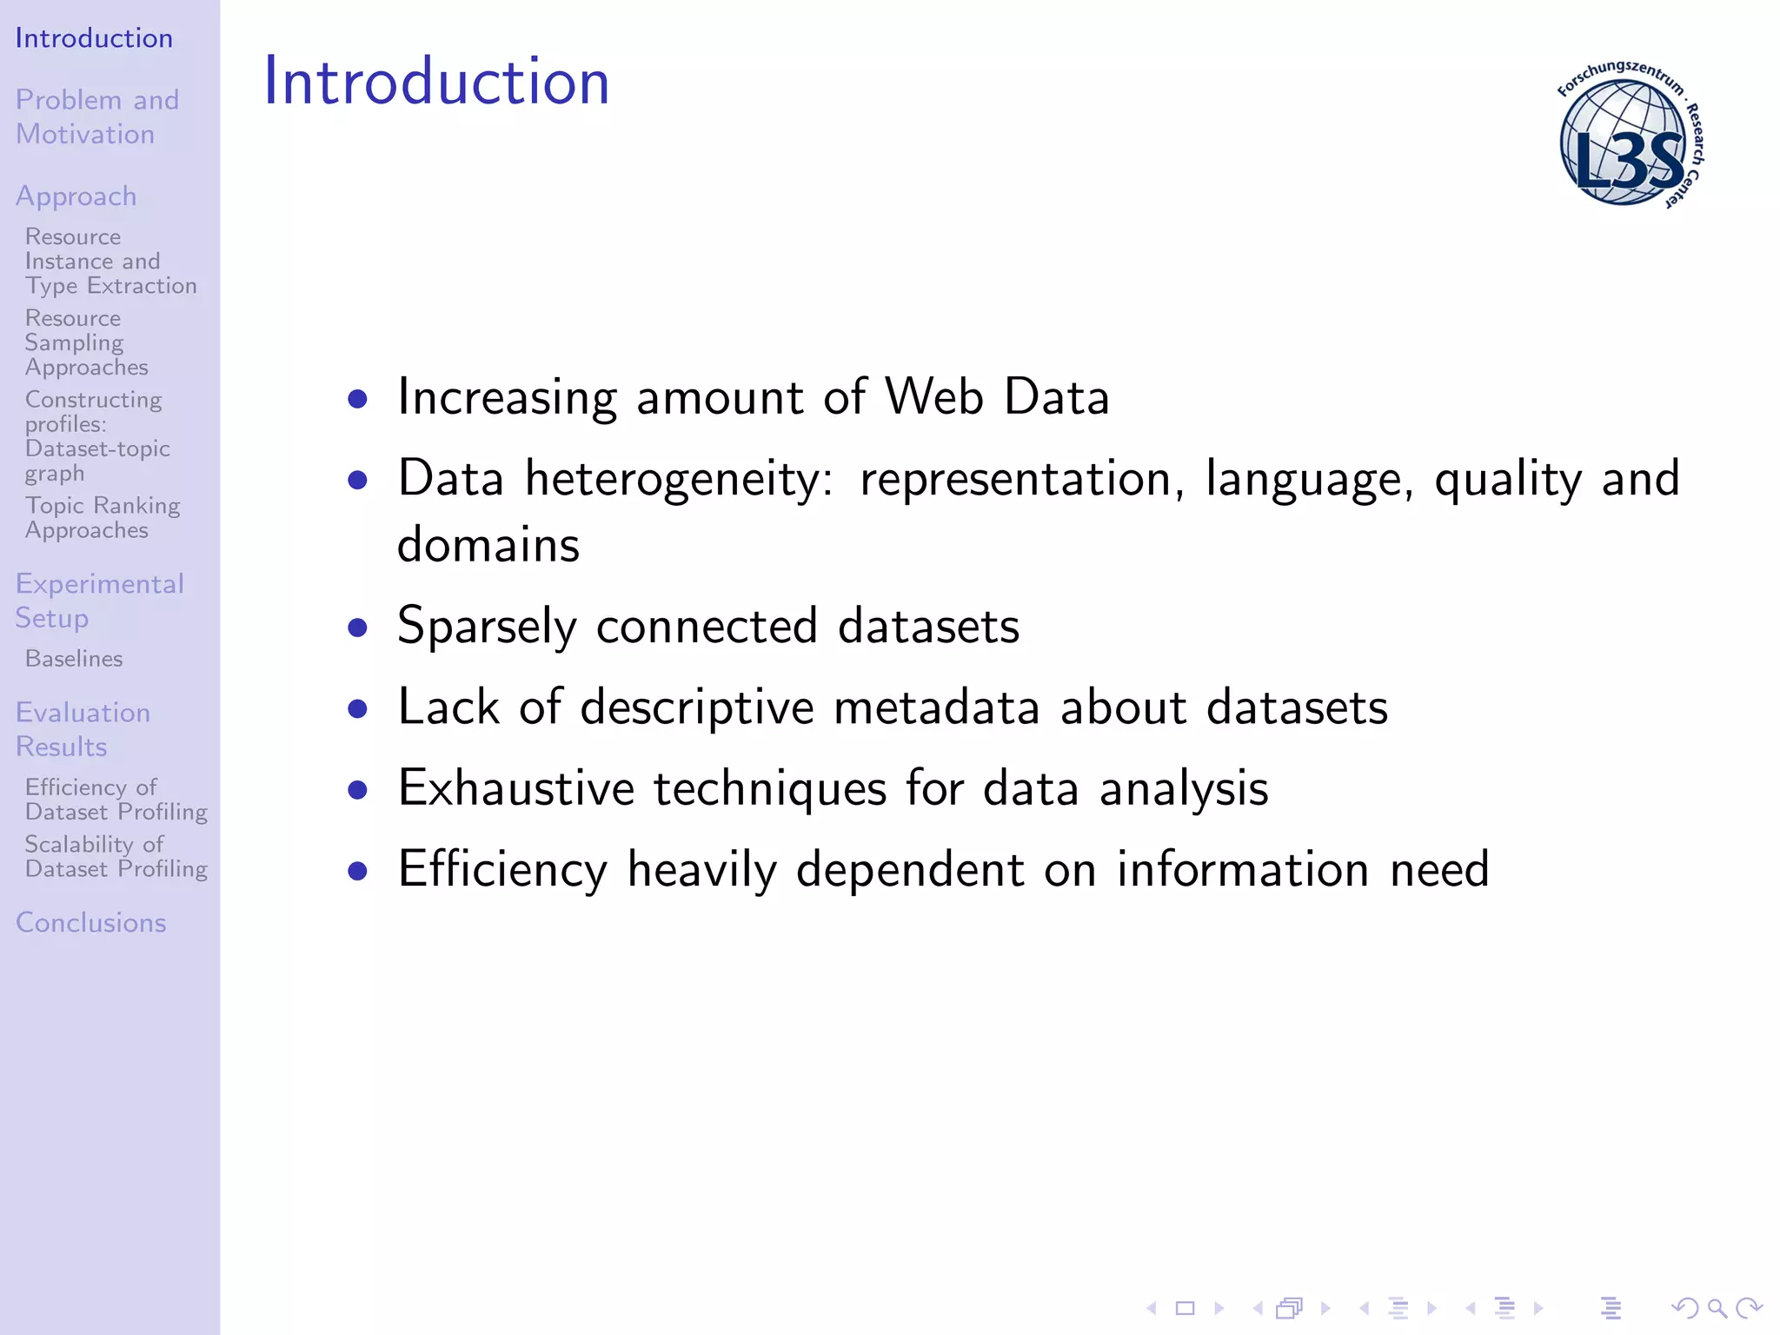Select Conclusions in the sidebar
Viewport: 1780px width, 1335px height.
point(90,922)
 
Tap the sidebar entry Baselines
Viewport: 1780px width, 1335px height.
point(74,659)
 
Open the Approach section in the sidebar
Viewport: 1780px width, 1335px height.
point(76,196)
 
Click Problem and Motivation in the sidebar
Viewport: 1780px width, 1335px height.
point(96,116)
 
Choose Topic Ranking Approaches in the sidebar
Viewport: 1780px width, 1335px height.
point(102,517)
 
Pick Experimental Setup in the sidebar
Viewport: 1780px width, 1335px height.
point(99,601)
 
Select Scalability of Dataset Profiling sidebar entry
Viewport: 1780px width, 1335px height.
point(116,856)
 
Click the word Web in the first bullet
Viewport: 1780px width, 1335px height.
point(933,397)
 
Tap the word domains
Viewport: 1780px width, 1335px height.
point(488,545)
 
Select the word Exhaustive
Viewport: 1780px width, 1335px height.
point(515,788)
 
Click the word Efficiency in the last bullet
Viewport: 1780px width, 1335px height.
point(501,869)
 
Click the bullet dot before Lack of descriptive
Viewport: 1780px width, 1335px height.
point(357,708)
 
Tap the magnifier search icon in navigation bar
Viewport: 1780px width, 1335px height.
point(1717,1307)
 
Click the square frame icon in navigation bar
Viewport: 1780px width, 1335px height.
point(1185,1308)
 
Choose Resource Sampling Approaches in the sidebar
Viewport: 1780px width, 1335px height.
point(86,342)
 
